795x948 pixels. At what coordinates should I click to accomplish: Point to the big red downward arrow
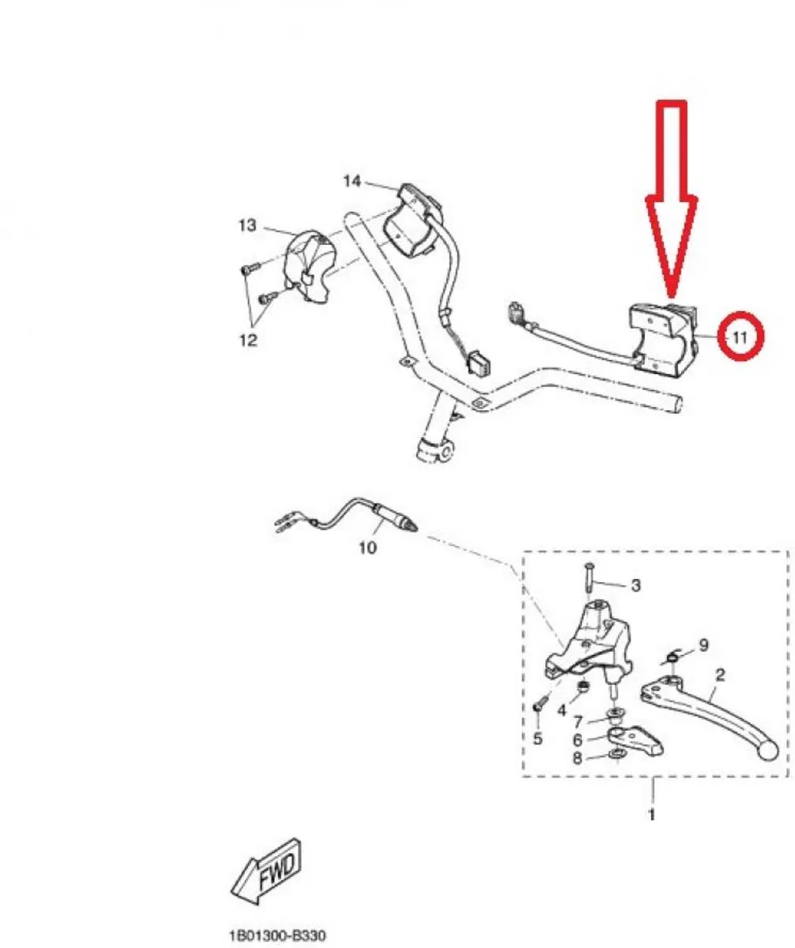pos(672,200)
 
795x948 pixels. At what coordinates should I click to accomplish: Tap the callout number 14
pos(352,182)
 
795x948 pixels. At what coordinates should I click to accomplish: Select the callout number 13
pos(247,225)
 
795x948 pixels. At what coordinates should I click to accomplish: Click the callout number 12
pos(248,340)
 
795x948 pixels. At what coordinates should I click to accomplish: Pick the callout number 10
pos(367,548)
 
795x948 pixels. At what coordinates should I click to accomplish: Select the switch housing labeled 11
pos(664,338)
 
